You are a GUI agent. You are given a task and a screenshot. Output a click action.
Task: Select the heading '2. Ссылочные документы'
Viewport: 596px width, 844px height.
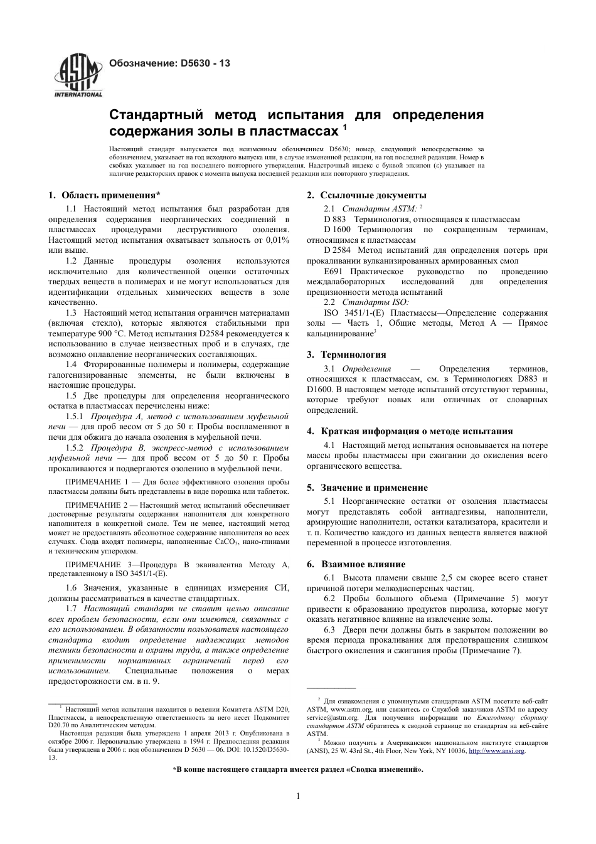click(x=366, y=195)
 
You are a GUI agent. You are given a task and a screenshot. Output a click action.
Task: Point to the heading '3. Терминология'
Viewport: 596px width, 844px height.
click(x=346, y=355)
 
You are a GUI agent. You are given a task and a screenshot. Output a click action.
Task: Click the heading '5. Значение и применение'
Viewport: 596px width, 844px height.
click(x=367, y=488)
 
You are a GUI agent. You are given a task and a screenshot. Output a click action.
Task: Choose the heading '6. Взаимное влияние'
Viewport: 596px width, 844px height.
click(x=356, y=564)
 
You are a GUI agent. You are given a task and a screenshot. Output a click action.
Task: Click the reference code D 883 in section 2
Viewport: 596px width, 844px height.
click(x=335, y=220)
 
